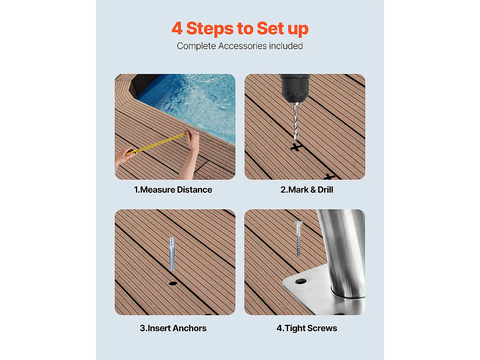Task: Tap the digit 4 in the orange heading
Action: [x=177, y=29]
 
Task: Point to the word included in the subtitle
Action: [x=286, y=46]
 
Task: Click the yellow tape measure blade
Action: [x=160, y=143]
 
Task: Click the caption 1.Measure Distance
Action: [x=173, y=190]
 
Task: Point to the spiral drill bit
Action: [x=296, y=120]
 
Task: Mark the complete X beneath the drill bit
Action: [x=296, y=148]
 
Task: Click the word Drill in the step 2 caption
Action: [x=325, y=190]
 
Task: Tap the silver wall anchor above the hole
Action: [x=172, y=253]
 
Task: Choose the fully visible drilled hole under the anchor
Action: [x=173, y=283]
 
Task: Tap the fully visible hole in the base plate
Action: [x=300, y=281]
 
